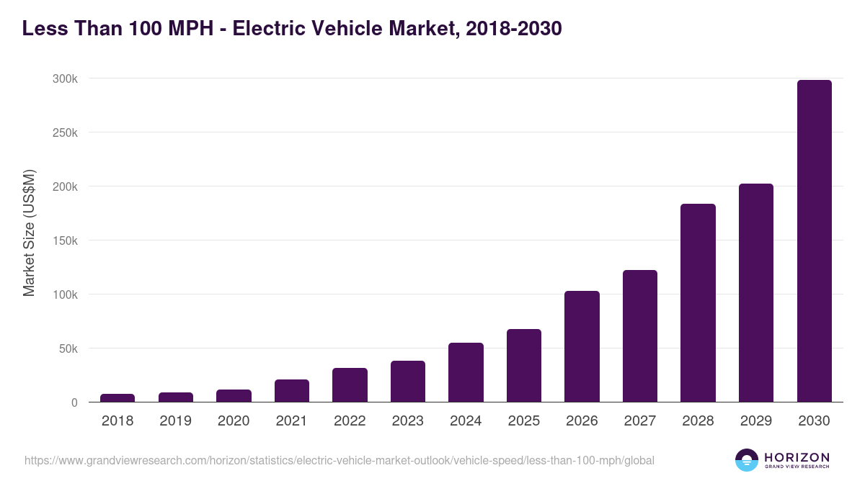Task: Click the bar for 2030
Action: click(814, 241)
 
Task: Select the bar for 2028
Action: click(698, 303)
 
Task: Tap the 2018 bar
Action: click(117, 397)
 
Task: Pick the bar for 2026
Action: click(582, 346)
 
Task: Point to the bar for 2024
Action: click(466, 372)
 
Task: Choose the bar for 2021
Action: click(292, 390)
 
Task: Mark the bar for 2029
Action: click(756, 293)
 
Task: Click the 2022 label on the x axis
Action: click(350, 421)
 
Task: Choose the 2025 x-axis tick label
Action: click(523, 421)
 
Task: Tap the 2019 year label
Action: click(175, 421)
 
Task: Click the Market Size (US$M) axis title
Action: click(29, 233)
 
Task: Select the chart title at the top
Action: click(292, 29)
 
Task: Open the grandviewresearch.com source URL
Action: click(339, 460)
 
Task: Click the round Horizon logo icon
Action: click(747, 460)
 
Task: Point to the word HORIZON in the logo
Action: click(797, 456)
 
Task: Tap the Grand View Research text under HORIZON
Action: click(797, 467)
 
